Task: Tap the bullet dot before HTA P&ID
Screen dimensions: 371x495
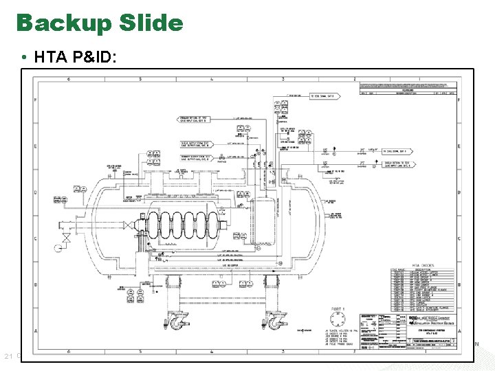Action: click(24, 60)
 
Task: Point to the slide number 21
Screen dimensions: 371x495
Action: click(9, 355)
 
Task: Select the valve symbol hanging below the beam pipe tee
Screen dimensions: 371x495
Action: click(67, 238)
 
